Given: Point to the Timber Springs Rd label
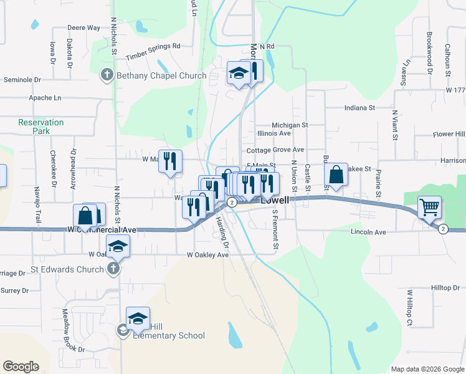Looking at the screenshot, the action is [153, 51].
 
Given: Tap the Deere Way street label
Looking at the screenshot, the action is [83, 28].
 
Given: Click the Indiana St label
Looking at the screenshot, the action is [359, 108].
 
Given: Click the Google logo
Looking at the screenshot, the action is [21, 367].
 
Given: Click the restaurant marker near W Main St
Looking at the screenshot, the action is [171, 161].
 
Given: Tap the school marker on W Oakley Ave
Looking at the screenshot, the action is [118, 246].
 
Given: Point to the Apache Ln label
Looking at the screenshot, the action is [45, 98].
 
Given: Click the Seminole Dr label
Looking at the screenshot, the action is [22, 80].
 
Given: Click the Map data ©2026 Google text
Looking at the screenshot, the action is [427, 369].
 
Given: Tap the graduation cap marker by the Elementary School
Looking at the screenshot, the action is [138, 318].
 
